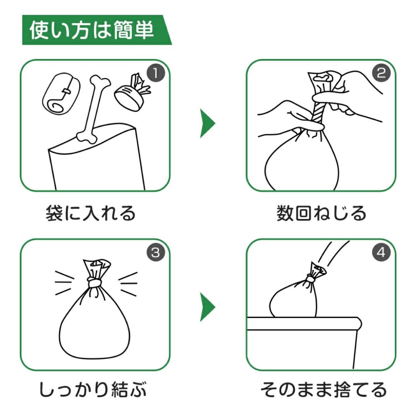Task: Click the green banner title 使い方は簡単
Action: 92,30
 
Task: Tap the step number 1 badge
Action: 156,73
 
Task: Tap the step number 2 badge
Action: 381,73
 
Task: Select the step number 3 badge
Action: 156,253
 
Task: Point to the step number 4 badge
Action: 381,253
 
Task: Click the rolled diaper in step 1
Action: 61,94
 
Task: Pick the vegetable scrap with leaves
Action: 132,92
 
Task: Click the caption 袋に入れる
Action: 91,213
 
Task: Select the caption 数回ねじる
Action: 321,213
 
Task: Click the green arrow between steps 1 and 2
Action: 207,123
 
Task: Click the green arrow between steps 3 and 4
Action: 207,307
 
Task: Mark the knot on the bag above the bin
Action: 310,278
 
